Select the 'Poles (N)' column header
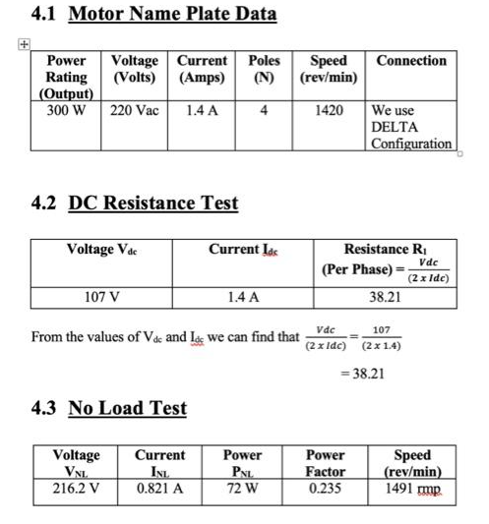(x=264, y=69)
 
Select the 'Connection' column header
(x=411, y=61)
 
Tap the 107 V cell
(x=99, y=296)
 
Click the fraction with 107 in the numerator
(x=382, y=337)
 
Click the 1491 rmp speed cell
(x=411, y=489)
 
